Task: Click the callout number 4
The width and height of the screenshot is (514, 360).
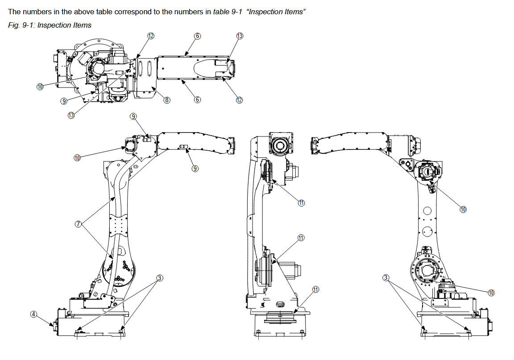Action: tap(33, 314)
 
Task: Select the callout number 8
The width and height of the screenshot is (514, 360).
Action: tap(166, 100)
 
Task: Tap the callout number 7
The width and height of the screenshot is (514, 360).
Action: tap(78, 223)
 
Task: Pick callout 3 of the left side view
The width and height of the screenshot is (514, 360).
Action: tap(159, 278)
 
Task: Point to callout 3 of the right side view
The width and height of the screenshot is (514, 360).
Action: tap(386, 277)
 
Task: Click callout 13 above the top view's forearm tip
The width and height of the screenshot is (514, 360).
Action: tap(240, 36)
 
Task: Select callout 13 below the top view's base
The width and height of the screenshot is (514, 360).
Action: tap(71, 115)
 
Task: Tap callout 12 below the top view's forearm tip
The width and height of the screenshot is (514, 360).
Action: tap(239, 100)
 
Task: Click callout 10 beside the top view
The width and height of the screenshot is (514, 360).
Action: tap(40, 87)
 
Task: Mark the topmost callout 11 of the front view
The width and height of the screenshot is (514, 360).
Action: tap(301, 203)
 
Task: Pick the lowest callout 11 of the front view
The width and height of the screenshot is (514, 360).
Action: tap(316, 290)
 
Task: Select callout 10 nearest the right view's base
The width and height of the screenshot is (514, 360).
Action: tap(491, 293)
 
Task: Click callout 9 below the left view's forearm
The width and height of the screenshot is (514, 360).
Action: tap(195, 169)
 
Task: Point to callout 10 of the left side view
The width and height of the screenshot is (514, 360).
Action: tap(77, 157)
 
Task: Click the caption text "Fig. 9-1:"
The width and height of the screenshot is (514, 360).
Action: tap(21, 25)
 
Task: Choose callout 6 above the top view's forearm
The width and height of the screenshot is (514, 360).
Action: tap(197, 36)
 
